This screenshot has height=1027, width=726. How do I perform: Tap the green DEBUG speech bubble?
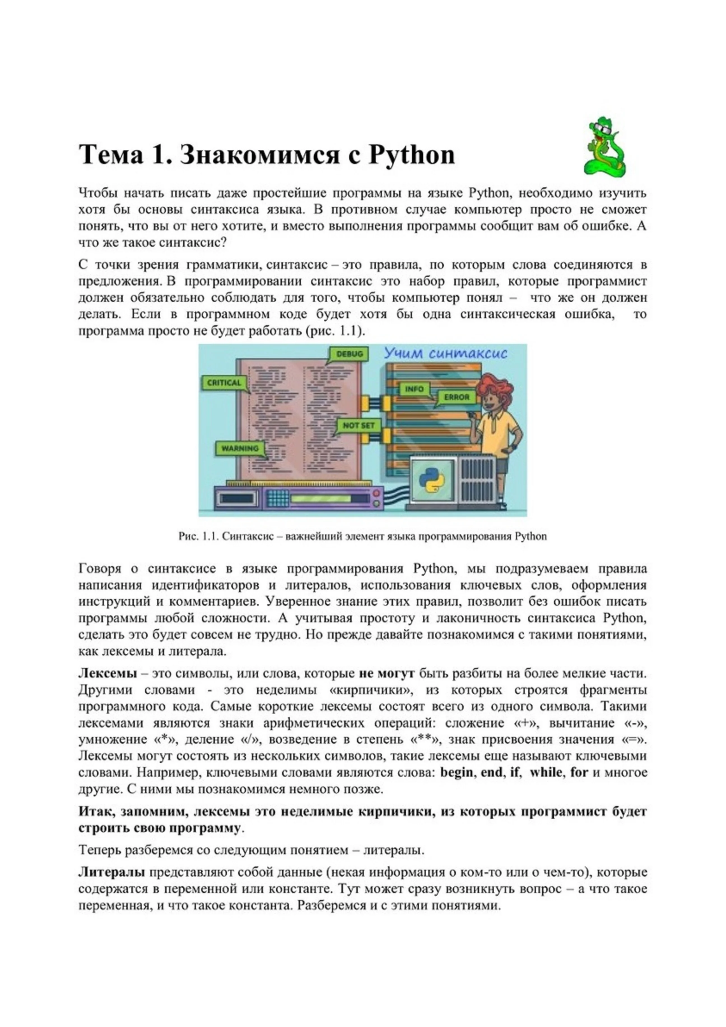pyautogui.click(x=349, y=354)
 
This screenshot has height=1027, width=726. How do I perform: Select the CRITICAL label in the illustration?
pyautogui.click(x=224, y=383)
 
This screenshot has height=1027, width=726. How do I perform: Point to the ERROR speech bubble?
pyautogui.click(x=457, y=397)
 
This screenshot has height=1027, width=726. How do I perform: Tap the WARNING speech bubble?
pyautogui.click(x=240, y=448)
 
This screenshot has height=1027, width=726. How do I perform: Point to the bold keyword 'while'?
pyautogui.click(x=546, y=773)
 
